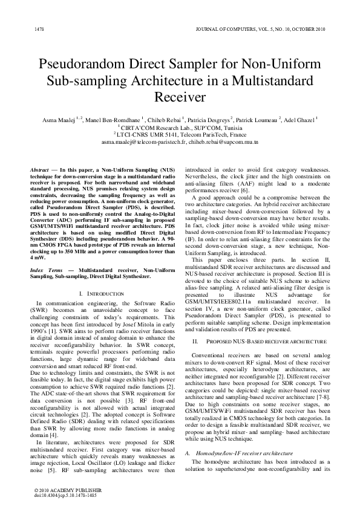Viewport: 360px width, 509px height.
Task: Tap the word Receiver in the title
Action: pos(180,97)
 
